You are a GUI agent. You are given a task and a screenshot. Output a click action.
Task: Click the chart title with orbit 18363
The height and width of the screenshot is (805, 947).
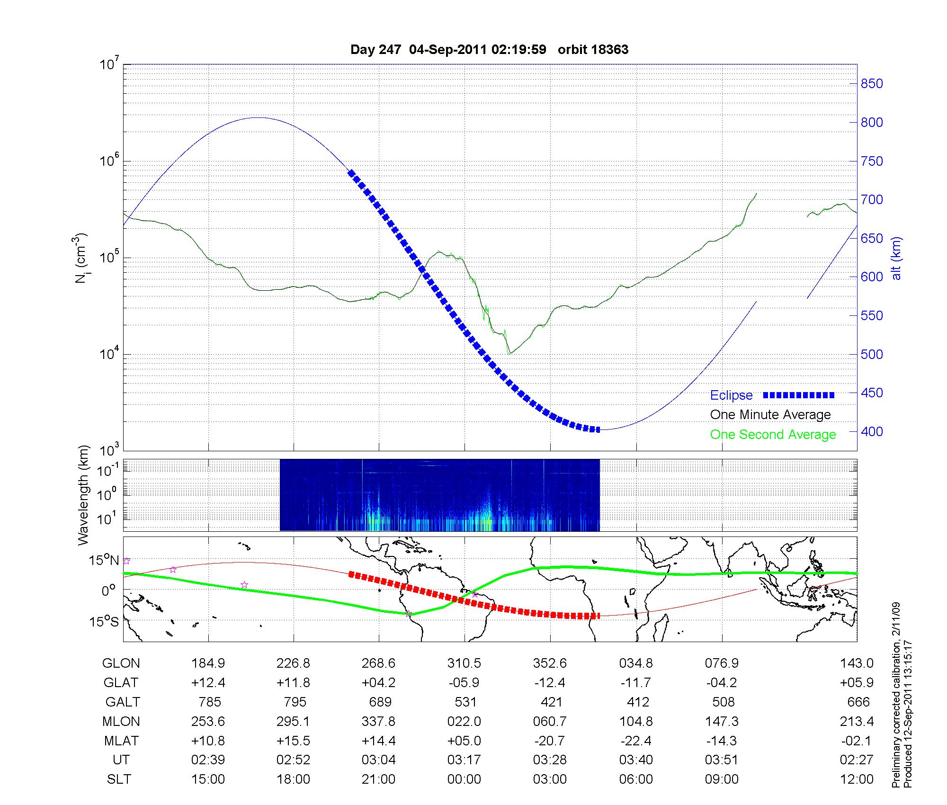point(489,50)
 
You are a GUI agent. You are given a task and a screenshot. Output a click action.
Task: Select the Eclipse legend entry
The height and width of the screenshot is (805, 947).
point(731,395)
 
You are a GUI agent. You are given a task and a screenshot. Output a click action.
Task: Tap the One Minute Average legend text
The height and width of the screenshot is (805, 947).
point(770,415)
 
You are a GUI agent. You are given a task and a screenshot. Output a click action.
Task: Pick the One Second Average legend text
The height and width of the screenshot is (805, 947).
point(773,435)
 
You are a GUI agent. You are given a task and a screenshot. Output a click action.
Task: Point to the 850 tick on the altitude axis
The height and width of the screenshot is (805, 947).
point(872,84)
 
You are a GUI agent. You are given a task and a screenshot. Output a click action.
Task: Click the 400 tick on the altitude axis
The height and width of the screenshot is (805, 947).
point(872,431)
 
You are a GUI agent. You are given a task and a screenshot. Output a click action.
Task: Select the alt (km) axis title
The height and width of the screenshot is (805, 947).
point(896,258)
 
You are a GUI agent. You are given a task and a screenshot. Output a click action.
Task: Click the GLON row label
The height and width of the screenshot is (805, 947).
point(121,663)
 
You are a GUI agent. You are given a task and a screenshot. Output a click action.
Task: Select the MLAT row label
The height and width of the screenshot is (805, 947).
point(121,741)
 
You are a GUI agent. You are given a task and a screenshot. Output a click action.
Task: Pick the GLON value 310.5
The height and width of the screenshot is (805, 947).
point(464,663)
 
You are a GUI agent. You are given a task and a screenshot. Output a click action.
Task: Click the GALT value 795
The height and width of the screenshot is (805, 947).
point(294,702)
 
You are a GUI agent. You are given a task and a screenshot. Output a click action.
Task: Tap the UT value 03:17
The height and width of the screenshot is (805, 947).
point(464,760)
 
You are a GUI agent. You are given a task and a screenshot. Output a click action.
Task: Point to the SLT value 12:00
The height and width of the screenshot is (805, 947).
point(857,779)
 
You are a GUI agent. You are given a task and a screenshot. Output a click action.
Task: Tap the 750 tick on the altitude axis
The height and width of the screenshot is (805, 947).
point(872,161)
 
